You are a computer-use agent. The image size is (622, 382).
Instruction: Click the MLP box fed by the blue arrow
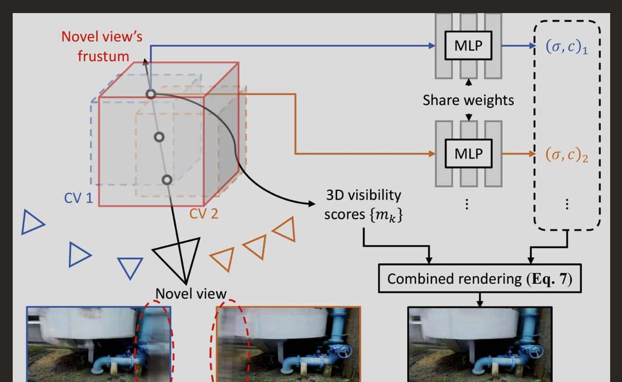(x=468, y=46)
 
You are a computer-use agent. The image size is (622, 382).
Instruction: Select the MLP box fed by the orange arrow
(x=468, y=154)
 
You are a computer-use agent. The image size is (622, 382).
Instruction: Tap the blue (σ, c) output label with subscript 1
(x=566, y=48)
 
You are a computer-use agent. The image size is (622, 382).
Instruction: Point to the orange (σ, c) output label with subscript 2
(x=567, y=155)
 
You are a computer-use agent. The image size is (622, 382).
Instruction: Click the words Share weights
(x=468, y=100)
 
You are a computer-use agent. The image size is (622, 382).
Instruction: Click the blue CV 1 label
(x=78, y=198)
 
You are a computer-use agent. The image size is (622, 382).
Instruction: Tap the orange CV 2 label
(x=204, y=214)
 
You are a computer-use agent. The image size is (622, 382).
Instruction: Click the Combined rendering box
(x=480, y=279)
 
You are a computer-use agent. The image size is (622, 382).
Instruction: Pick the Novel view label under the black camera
(x=190, y=294)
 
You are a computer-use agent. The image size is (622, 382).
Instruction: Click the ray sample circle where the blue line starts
(x=151, y=94)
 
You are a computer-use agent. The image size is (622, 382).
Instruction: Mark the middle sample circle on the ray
(x=158, y=137)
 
